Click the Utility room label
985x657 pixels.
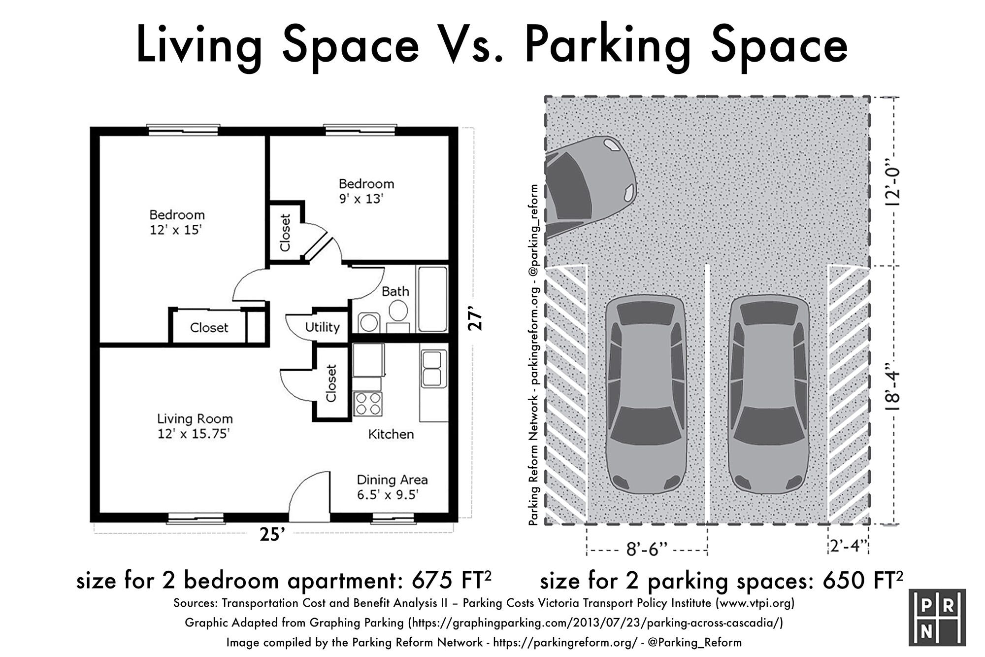click(322, 327)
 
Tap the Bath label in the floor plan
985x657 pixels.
click(395, 291)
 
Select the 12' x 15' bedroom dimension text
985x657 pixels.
click(176, 230)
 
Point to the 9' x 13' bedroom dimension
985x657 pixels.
click(361, 199)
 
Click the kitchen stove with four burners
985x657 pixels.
click(367, 403)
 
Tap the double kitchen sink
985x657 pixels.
click(432, 368)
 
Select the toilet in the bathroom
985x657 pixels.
click(398, 316)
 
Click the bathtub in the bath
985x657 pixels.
click(432, 299)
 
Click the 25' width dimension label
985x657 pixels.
click(272, 534)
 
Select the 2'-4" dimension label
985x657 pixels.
click(848, 546)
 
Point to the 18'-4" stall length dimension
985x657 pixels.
click(893, 387)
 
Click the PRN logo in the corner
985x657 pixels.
click(937, 618)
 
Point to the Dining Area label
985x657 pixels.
click(392, 480)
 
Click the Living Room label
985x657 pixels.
click(195, 419)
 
